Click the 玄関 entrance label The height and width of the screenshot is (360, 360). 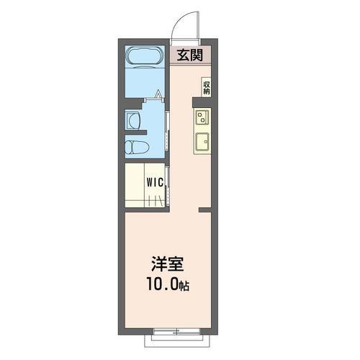(x=190, y=55)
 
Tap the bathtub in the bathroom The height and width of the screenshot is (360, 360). (x=145, y=56)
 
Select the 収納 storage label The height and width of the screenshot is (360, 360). (x=207, y=88)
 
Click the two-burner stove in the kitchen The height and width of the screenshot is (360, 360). (x=202, y=117)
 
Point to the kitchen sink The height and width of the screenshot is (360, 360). (x=202, y=141)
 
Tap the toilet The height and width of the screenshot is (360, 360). (x=137, y=147)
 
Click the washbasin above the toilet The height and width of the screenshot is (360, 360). (x=133, y=121)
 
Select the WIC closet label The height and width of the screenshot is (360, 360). (x=155, y=182)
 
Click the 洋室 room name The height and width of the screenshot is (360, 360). (x=167, y=264)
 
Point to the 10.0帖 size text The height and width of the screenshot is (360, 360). (x=168, y=284)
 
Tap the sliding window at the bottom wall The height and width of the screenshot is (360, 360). (x=176, y=163)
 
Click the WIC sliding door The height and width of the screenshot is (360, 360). (x=168, y=185)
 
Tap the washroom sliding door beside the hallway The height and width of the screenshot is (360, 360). (x=168, y=131)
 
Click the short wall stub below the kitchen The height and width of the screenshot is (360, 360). (x=205, y=210)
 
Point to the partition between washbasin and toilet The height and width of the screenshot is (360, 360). (x=136, y=132)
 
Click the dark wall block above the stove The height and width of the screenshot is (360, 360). (x=202, y=102)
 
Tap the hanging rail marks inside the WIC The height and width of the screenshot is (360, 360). (x=156, y=201)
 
